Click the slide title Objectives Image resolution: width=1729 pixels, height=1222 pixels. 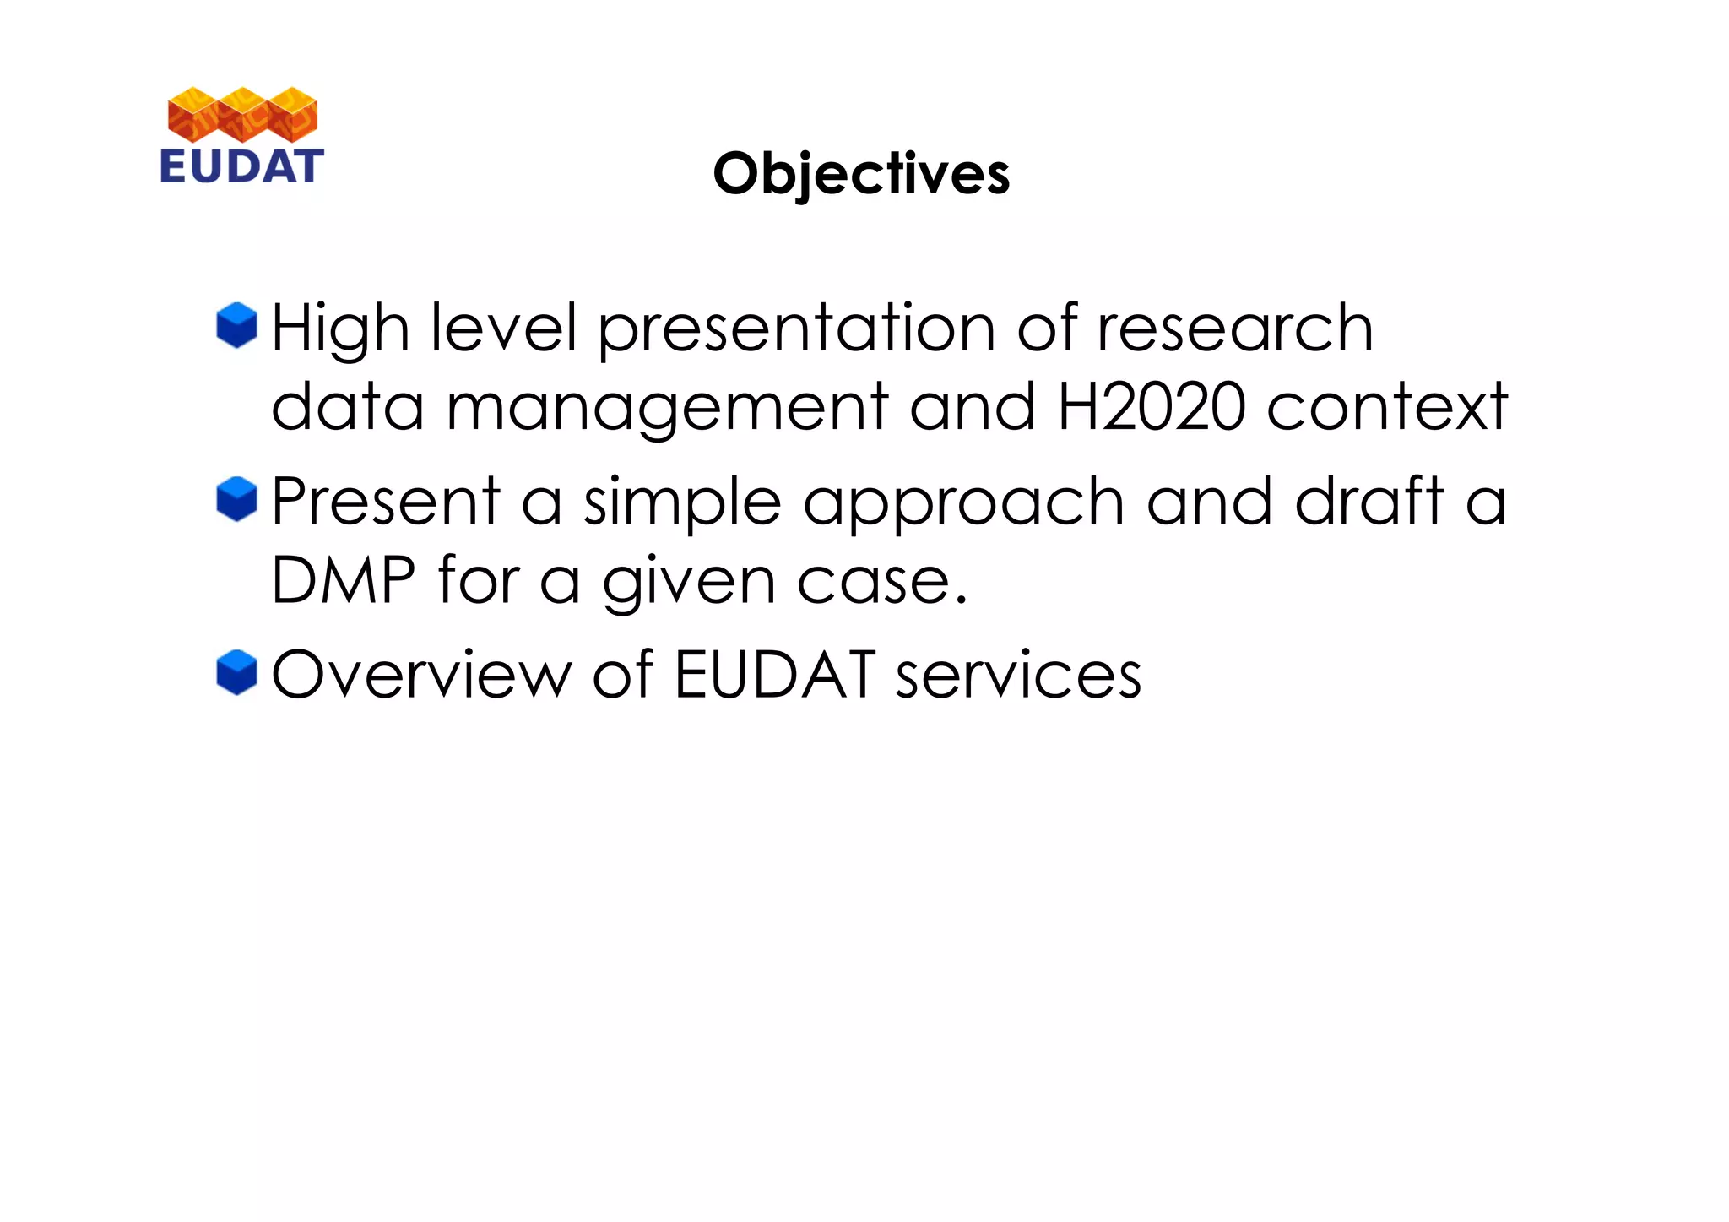tap(861, 173)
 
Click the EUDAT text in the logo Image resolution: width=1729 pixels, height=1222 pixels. tap(241, 166)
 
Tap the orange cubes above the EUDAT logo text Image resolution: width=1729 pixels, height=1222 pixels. tap(242, 114)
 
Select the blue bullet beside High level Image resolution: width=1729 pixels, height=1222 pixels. tap(236, 325)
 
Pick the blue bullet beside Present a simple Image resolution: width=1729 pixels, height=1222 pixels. tap(236, 499)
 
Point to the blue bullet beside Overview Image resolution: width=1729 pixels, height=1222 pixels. tap(236, 672)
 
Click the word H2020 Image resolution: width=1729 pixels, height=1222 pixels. tap(1151, 407)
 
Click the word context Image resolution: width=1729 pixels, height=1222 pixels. tap(1387, 407)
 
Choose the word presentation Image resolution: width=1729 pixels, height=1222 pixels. tap(796, 329)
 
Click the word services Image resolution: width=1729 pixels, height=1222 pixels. tap(1018, 676)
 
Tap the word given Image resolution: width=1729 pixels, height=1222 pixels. tap(689, 583)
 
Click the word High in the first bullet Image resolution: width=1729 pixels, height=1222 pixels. tap(340, 329)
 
